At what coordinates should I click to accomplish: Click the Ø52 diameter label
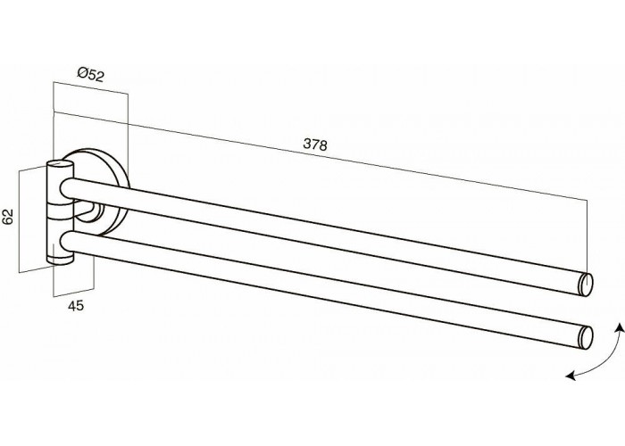90,74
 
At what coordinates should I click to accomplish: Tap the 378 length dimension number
315,145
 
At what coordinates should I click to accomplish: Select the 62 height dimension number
7,216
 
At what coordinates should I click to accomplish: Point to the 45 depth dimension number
76,306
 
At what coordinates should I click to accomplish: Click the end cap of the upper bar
586,285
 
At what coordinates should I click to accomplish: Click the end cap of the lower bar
586,337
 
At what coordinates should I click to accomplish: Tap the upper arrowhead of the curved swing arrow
620,328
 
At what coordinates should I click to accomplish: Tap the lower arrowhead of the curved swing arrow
571,375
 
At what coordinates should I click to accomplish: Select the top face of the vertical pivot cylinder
60,163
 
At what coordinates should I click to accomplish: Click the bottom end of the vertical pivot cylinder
60,260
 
